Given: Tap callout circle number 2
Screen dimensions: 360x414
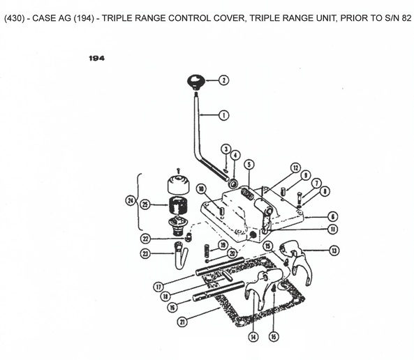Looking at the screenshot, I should [224, 80].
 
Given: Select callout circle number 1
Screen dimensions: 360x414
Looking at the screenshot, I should [224, 114].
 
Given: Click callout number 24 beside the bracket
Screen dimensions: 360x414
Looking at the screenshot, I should [130, 201].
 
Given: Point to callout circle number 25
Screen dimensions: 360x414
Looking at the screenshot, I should [146, 204].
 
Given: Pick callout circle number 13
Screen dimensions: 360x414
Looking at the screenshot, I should [335, 250].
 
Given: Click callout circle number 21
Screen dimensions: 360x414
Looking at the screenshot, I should [183, 322].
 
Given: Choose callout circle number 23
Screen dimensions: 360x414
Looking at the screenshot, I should [145, 254].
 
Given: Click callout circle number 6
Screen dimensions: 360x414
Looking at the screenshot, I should [333, 216].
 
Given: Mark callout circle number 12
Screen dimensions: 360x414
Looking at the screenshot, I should [296, 168].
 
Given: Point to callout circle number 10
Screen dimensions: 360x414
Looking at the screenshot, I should [200, 188].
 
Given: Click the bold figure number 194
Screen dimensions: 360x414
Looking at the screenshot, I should [97, 59].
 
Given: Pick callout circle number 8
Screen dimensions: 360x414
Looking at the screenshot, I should [325, 190].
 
